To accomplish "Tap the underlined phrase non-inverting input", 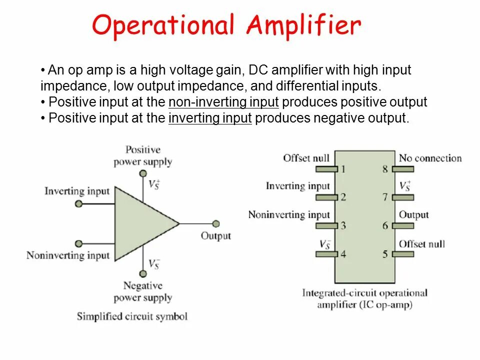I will tap(223, 102).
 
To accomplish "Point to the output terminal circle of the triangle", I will tap(216, 224).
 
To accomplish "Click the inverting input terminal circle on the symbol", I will tap(78, 203).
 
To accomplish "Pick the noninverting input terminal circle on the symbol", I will tap(78, 244).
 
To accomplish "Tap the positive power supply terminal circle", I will tap(143, 173).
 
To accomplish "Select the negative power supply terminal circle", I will tap(143, 273).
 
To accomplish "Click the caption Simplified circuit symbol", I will tap(132, 316).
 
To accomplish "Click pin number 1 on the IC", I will tap(342, 169).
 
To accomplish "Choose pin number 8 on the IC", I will tap(385, 169).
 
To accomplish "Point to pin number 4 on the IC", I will tap(342, 254).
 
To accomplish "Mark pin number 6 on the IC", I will tap(385, 225).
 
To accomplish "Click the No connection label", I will tap(430, 158).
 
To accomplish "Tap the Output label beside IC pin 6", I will tap(413, 215).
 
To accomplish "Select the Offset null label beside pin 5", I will tap(421, 244).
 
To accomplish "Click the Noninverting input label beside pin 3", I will tap(289, 215).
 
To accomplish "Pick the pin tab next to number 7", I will tap(403, 197).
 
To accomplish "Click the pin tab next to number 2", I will tap(326, 197).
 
